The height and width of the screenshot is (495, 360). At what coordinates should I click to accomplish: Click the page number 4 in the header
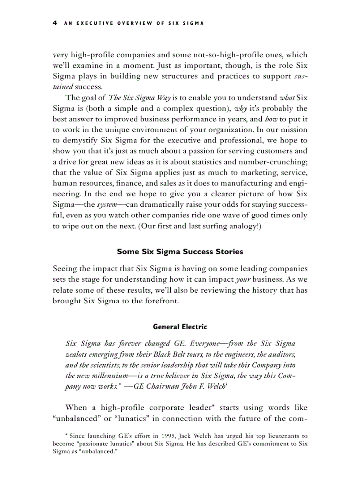click(55, 23)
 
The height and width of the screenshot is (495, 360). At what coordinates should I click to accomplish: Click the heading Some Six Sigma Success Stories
click(180, 252)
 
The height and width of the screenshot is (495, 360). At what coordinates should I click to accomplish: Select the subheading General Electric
click(180, 327)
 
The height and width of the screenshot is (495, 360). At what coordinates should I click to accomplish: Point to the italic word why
click(241, 108)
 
